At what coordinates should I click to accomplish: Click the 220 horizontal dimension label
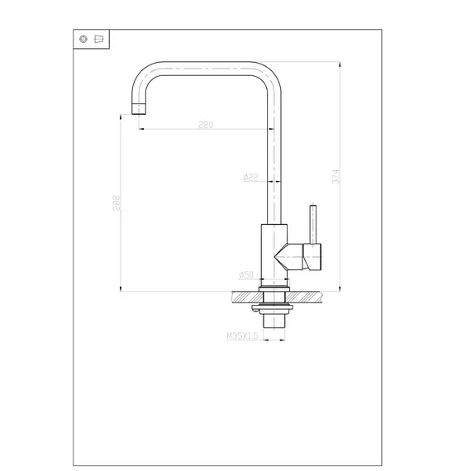tap(206, 125)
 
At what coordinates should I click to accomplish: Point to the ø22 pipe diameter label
tap(251, 177)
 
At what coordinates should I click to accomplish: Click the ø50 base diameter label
tap(245, 275)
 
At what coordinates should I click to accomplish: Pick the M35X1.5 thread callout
tap(242, 336)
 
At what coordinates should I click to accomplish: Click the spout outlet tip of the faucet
tap(137, 108)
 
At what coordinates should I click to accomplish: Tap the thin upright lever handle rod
tap(313, 222)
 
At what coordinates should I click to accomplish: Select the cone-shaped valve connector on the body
tap(290, 257)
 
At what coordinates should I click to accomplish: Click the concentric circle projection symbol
tap(83, 39)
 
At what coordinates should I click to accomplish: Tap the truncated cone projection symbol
tap(98, 39)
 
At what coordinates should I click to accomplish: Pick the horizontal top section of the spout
tap(207, 65)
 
